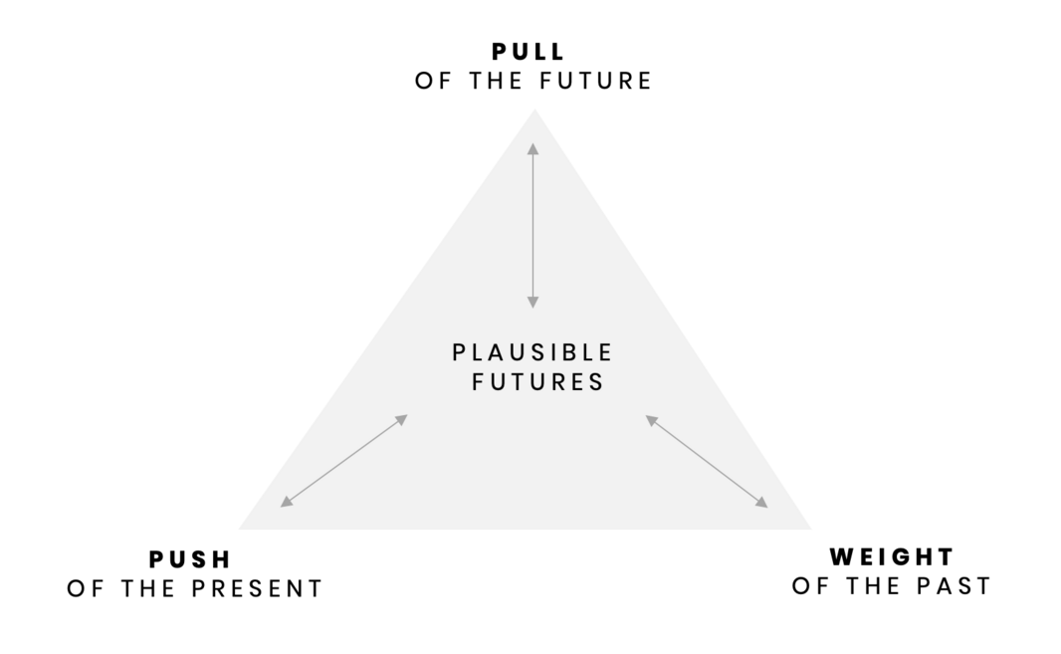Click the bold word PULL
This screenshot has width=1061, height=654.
pyautogui.click(x=529, y=52)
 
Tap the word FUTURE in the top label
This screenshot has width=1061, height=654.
pyautogui.click(x=595, y=81)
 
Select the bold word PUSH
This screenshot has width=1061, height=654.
pyautogui.click(x=190, y=559)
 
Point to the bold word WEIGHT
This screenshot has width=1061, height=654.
pyautogui.click(x=892, y=556)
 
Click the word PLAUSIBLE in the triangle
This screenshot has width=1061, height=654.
pyautogui.click(x=532, y=352)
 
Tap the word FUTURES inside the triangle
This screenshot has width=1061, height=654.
pyautogui.click(x=538, y=382)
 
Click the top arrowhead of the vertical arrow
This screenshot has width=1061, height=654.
pyautogui.click(x=533, y=148)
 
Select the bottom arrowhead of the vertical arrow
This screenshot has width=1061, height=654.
pyautogui.click(x=533, y=301)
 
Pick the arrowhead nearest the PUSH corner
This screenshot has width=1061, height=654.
pyautogui.click(x=286, y=503)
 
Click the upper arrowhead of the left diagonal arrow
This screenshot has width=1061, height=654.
pyautogui.click(x=402, y=419)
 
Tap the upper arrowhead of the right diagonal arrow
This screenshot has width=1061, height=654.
pyautogui.click(x=651, y=420)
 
